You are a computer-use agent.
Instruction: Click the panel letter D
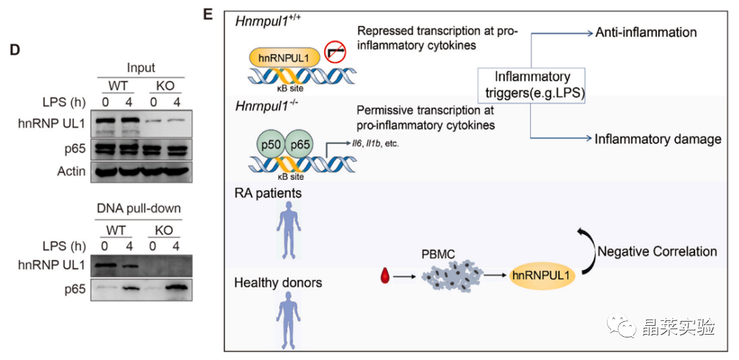12,49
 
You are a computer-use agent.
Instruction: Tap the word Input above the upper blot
140,68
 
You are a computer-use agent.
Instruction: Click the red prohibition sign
335,51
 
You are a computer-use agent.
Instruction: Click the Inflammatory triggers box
533,86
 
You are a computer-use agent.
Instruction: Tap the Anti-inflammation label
645,32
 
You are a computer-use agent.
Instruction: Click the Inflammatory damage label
658,139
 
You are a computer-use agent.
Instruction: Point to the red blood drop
387,277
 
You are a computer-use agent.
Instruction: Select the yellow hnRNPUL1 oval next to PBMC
540,277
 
